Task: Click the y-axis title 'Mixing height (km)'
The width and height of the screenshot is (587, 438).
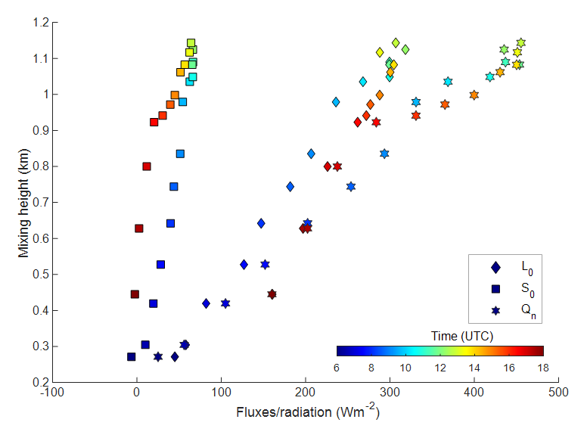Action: click(24, 202)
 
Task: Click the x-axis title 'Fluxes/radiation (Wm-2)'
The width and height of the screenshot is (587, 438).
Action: click(306, 413)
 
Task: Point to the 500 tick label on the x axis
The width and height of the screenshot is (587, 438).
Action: click(557, 393)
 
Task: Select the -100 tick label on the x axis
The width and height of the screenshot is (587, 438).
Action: click(51, 393)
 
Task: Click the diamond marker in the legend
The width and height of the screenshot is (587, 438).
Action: click(495, 267)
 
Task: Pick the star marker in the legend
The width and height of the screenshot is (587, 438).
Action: click(495, 310)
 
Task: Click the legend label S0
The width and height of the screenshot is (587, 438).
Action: click(527, 289)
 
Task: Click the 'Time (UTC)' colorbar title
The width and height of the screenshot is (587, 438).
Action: click(440, 335)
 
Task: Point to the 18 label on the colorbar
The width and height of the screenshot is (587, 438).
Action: click(543, 367)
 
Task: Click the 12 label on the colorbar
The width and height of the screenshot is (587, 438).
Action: click(440, 367)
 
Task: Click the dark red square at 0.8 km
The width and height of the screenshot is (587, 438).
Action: click(147, 166)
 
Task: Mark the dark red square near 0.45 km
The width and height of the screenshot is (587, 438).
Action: click(135, 294)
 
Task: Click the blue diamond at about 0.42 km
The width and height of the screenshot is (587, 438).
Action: click(206, 303)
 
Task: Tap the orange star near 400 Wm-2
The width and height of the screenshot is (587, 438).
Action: click(474, 95)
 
